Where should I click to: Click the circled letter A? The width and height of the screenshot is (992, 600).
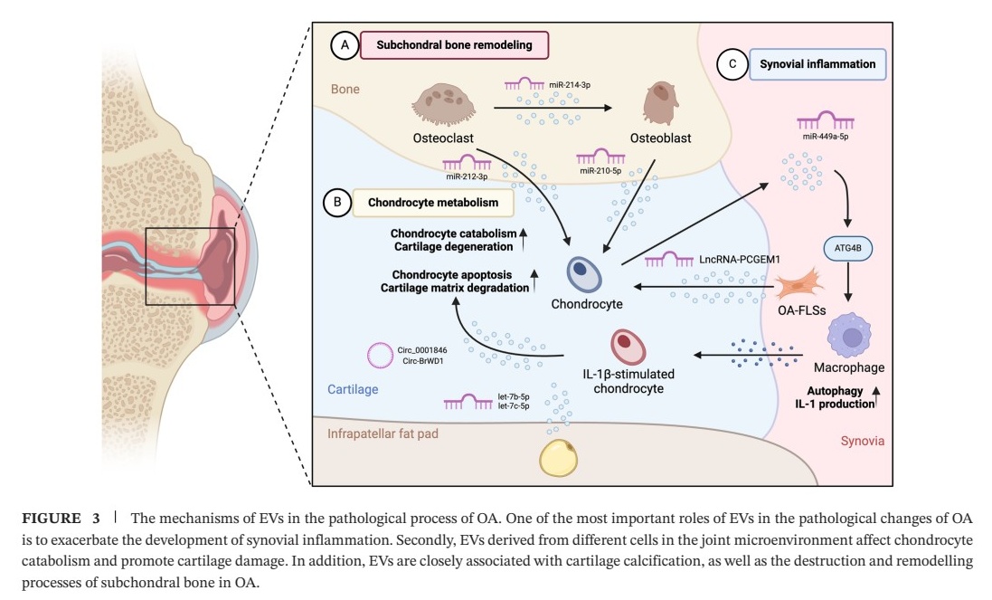point(344,44)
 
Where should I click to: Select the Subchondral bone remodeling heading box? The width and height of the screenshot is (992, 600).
point(454,44)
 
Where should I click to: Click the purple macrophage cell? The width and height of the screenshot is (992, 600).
point(854,337)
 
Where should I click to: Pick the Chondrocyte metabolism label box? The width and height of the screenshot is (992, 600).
point(432,203)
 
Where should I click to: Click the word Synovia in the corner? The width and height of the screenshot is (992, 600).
point(859,441)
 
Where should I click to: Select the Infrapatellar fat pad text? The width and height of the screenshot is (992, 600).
point(383,434)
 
